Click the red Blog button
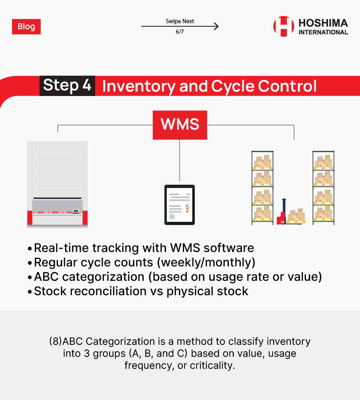click(26, 26)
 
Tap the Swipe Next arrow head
click(217, 26)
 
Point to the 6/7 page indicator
click(180, 32)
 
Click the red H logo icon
click(284, 26)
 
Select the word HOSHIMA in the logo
click(323, 23)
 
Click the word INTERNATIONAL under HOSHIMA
click(323, 32)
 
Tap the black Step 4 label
click(67, 86)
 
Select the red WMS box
click(180, 125)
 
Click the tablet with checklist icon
click(180, 205)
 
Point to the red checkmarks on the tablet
click(187, 208)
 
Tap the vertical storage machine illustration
click(58, 184)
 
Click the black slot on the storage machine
click(58, 198)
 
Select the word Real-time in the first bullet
click(61, 248)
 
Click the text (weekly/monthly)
click(206, 262)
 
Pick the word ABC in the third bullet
click(46, 277)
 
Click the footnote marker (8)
click(56, 341)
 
